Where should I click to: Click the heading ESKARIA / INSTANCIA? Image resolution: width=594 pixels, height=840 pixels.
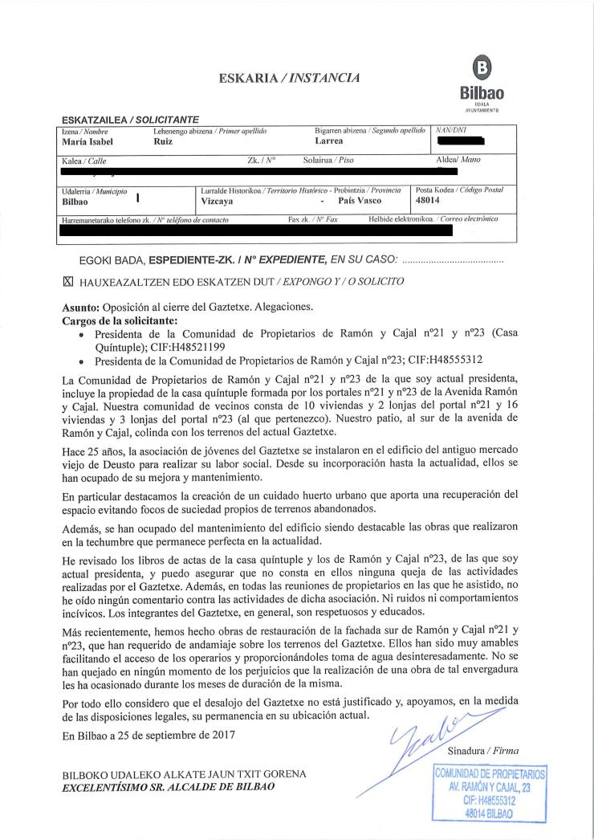(290, 78)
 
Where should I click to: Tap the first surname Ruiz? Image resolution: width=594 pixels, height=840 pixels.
(162, 141)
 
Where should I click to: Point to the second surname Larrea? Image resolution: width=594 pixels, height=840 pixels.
(329, 141)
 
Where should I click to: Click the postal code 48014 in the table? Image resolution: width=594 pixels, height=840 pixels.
(430, 201)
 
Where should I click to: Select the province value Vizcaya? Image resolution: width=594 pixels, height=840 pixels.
(218, 201)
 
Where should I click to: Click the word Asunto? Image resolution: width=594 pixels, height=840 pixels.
(81, 307)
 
